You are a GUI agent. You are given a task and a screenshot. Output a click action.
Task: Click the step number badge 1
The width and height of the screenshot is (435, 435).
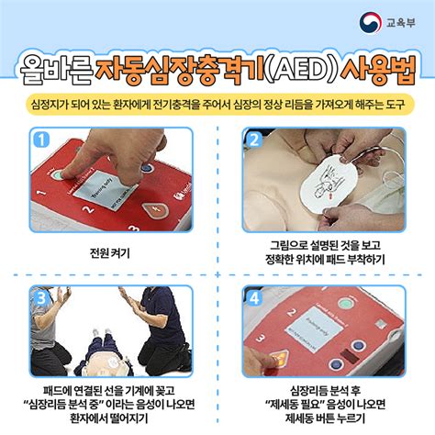[39, 139]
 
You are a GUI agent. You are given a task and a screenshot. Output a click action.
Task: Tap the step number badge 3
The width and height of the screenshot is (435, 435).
[39, 297]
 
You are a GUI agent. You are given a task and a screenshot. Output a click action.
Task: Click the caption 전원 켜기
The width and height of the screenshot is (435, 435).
[110, 253]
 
